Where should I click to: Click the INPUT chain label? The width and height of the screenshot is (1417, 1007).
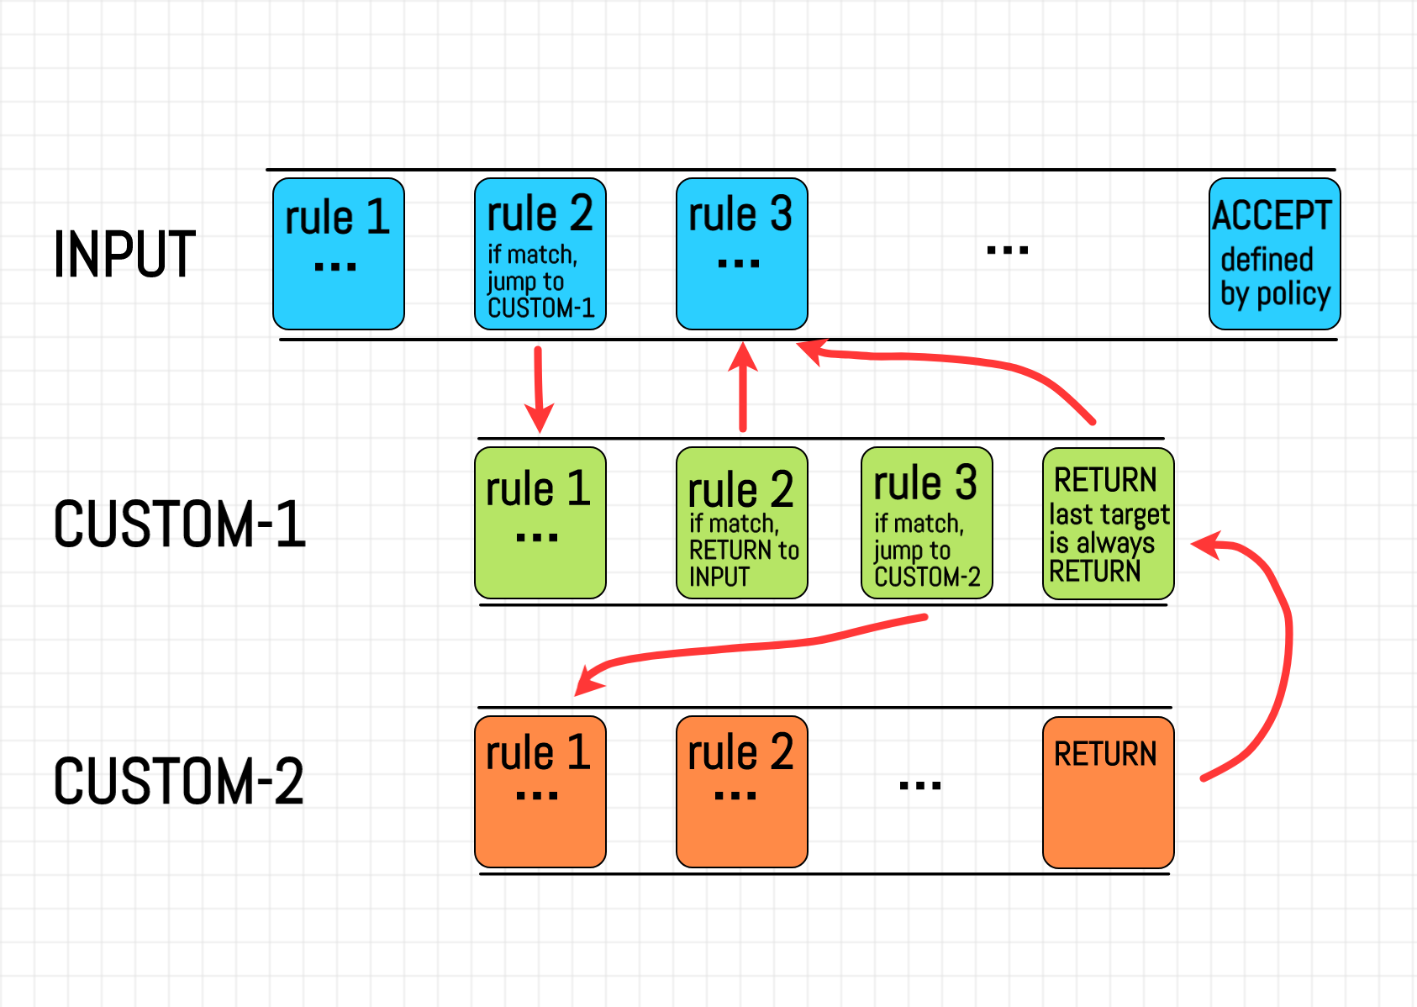click(x=124, y=254)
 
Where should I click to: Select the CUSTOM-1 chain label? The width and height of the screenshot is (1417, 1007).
click(x=179, y=524)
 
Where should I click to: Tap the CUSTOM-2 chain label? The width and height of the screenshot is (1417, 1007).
click(x=178, y=781)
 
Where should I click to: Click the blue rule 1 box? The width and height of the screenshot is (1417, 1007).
click(x=339, y=254)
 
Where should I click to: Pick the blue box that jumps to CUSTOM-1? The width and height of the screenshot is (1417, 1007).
click(x=540, y=254)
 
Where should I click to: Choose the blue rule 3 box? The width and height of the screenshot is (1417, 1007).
click(x=741, y=254)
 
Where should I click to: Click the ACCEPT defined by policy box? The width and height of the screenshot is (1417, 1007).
click(x=1274, y=254)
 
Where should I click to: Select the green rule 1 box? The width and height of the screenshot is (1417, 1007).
click(x=540, y=523)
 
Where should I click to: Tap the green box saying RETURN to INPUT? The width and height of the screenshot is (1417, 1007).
click(x=741, y=523)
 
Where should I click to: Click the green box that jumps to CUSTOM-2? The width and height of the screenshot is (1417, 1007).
click(x=926, y=523)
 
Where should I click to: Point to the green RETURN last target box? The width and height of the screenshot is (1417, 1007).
click(x=1108, y=523)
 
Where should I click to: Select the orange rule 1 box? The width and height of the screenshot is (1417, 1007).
click(x=540, y=792)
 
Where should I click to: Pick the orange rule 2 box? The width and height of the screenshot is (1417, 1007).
click(x=741, y=792)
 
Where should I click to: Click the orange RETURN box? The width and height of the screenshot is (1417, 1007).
click(x=1108, y=792)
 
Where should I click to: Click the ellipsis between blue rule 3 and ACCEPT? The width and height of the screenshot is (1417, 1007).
click(x=1007, y=250)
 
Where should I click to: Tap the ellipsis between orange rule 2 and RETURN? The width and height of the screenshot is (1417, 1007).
click(x=919, y=786)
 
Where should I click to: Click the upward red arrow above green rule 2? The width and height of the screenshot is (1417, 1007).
click(x=743, y=387)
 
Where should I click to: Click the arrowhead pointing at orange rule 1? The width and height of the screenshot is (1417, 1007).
click(x=588, y=681)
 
